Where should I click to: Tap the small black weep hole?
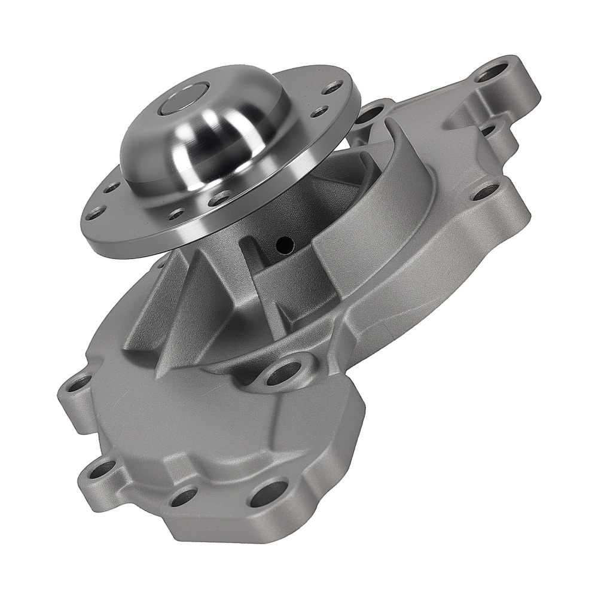click(285, 243)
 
